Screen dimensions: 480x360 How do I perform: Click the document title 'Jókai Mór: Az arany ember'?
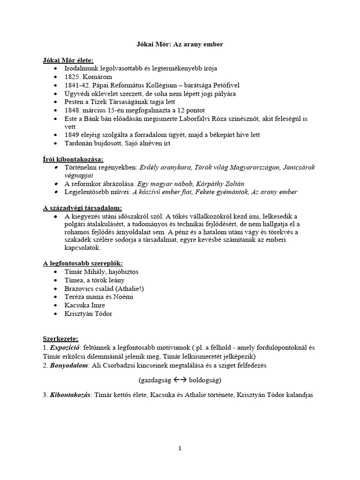pyautogui.click(x=180, y=44)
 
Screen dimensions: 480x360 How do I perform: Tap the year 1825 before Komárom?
pyautogui.click(x=73, y=76)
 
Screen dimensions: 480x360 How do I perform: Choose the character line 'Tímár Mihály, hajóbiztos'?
pyautogui.click(x=102, y=272)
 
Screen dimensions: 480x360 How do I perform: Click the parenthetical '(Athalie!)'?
pyautogui.click(x=127, y=288)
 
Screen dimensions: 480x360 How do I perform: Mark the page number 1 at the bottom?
pyautogui.click(x=180, y=448)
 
